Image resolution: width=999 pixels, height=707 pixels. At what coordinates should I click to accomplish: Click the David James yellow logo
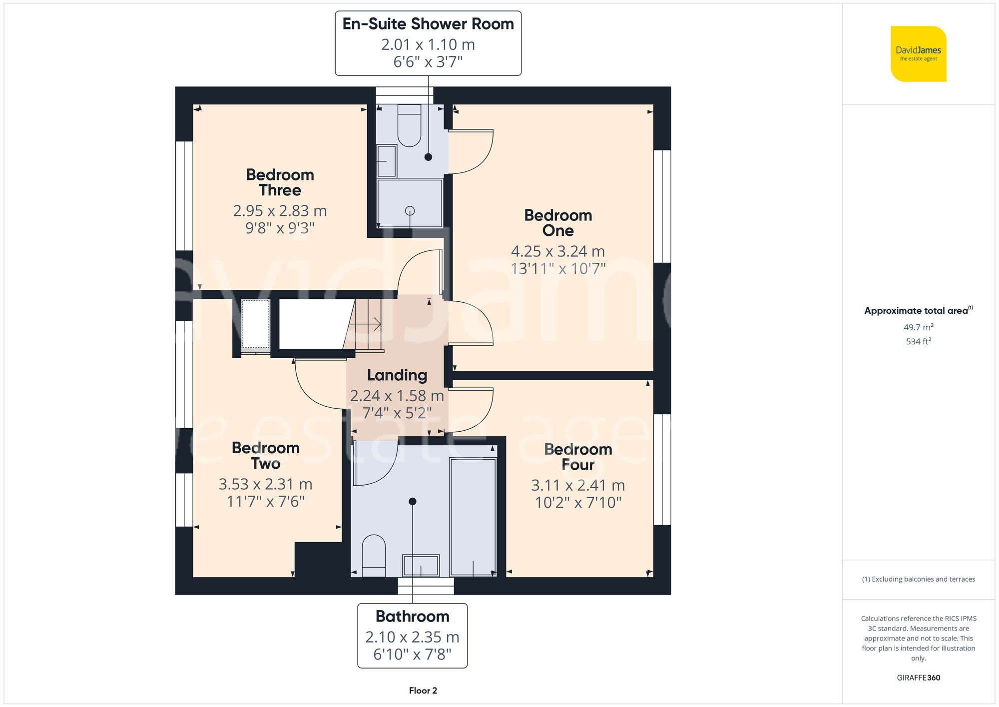(918, 54)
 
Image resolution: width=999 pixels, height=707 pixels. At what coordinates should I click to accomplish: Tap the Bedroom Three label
(280, 182)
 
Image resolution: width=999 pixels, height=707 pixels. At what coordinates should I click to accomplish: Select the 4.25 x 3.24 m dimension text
(557, 251)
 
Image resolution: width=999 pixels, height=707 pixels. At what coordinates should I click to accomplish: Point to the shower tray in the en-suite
(410, 203)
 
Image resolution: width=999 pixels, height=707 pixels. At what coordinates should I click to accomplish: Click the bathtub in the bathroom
(473, 517)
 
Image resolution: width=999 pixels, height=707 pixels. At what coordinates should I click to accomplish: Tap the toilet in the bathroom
(373, 555)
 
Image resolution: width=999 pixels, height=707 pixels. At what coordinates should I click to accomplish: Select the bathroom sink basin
(421, 566)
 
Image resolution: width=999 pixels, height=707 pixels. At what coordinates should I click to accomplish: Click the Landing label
(397, 375)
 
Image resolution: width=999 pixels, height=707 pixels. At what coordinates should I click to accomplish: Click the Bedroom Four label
(578, 457)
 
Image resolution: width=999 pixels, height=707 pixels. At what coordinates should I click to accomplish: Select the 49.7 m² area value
(918, 327)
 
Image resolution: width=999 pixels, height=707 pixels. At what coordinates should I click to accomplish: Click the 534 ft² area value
(918, 341)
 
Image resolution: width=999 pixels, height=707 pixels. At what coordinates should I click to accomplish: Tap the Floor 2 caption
(423, 691)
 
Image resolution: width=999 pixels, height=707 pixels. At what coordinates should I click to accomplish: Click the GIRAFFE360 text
(918, 678)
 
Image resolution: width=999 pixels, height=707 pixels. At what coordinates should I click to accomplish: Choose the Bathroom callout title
(412, 617)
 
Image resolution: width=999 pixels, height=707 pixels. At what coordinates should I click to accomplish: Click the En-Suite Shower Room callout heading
(428, 24)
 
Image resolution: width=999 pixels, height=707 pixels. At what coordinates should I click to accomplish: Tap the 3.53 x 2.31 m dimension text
(265, 484)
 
